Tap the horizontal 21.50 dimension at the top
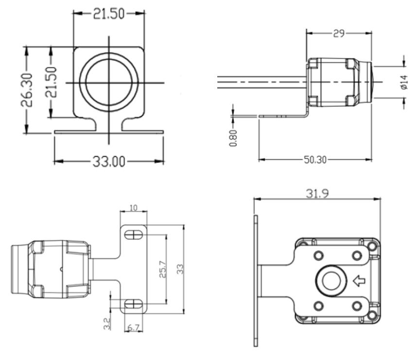tap(108, 14)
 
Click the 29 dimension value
tap(339, 33)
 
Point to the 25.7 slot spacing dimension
tap(163, 269)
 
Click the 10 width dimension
tap(133, 208)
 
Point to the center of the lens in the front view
tap(108, 82)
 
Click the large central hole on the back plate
tap(331, 281)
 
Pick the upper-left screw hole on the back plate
tap(318, 255)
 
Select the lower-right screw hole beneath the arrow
tap(357, 306)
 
